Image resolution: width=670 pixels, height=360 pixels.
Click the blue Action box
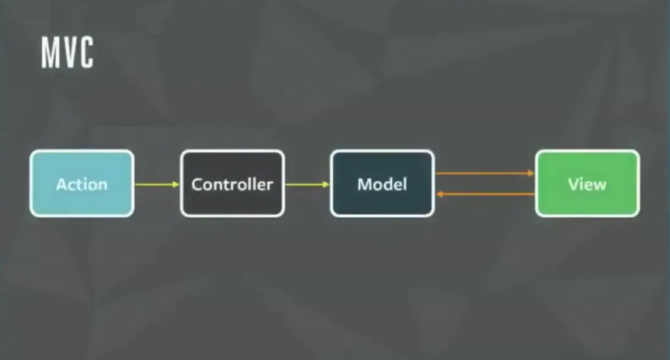pyautogui.click(x=82, y=184)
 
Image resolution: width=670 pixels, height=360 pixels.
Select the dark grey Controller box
pyautogui.click(x=232, y=184)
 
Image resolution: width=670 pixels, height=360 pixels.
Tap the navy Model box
pyautogui.click(x=383, y=184)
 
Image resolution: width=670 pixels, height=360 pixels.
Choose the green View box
pyautogui.click(x=588, y=184)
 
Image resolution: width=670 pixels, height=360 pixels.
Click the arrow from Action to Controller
pyautogui.click(x=157, y=184)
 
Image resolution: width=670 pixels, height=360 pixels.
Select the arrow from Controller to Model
pyautogui.click(x=307, y=184)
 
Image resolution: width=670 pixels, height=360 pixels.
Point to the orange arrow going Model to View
pyautogui.click(x=485, y=173)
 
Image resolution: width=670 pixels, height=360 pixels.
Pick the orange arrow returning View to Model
pyautogui.click(x=485, y=194)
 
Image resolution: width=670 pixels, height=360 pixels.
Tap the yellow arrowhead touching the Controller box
pyautogui.click(x=176, y=184)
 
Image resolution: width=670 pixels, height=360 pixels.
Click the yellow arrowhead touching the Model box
pyautogui.click(x=326, y=184)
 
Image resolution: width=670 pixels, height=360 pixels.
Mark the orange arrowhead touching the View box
pyautogui.click(x=531, y=173)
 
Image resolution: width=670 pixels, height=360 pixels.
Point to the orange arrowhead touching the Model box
pyautogui.click(x=439, y=194)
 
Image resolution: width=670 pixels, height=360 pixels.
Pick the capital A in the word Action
pyautogui.click(x=62, y=184)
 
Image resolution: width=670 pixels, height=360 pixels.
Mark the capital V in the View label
pyautogui.click(x=574, y=184)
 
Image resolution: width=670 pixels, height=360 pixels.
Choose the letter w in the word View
pyautogui.click(x=599, y=185)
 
